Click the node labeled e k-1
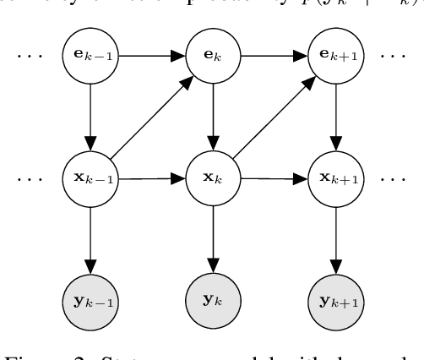pos(88,57)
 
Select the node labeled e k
pos(211,57)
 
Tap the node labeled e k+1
pos(334,57)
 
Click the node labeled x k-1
pos(88,179)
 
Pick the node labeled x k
pos(211,179)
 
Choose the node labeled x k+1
pos(334,179)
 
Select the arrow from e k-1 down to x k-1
pos(88,117)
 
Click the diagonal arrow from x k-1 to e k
pos(149,118)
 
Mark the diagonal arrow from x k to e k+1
pos(272,118)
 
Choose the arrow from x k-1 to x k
pos(149,179)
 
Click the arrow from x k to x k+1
pos(272,179)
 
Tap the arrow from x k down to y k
pos(211,240)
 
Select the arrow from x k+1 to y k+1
pos(334,240)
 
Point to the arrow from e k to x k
pos(211,117)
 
